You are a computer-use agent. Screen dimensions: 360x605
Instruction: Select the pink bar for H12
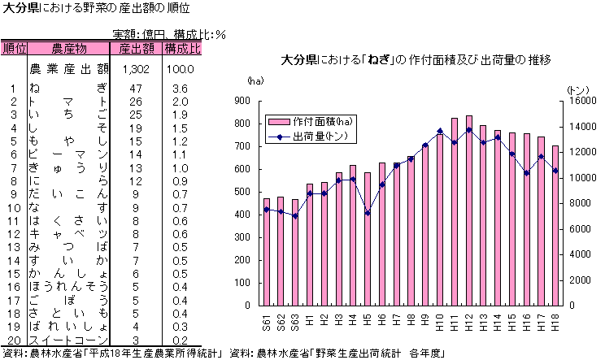[469, 210]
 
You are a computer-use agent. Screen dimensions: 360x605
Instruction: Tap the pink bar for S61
[267, 252]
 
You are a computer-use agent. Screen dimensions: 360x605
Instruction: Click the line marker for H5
[368, 213]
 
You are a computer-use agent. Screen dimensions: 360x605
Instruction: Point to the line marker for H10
[440, 131]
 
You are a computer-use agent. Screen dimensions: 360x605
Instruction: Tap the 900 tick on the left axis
[242, 101]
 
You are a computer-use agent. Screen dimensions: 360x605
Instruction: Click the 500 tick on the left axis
[242, 192]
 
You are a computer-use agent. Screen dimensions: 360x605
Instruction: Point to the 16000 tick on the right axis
[579, 101]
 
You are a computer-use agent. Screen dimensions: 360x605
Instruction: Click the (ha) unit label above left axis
[255, 80]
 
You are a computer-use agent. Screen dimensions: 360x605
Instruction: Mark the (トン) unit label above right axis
[579, 89]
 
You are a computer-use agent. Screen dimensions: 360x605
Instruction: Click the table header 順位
[15, 48]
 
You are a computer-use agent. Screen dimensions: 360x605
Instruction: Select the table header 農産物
[69, 48]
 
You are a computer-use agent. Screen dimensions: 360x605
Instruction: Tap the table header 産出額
[136, 48]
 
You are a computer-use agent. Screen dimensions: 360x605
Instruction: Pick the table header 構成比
[182, 48]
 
